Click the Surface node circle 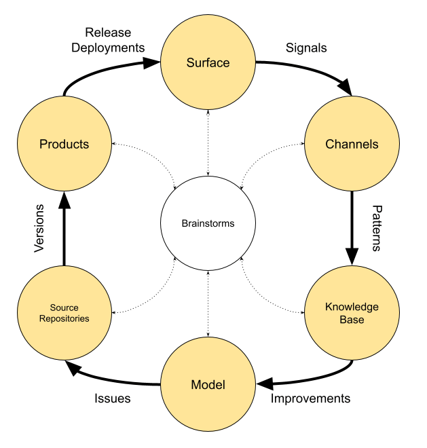(x=208, y=63)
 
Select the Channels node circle (x=352, y=144)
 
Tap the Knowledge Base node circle (x=352, y=312)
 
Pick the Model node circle (x=208, y=385)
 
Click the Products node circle (x=64, y=144)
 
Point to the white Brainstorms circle (x=208, y=223)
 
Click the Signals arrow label (x=306, y=48)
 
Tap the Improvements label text (x=310, y=398)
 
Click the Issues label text (x=112, y=398)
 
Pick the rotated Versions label (x=39, y=228)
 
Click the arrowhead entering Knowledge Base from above (x=352, y=256)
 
